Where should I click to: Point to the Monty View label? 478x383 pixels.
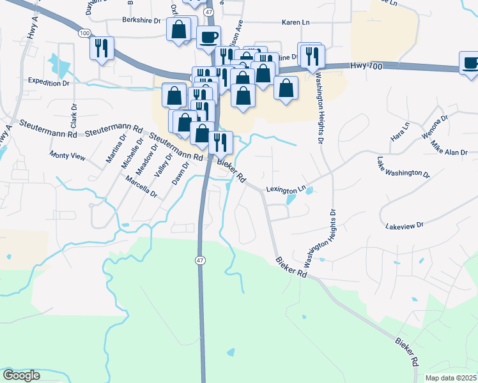[68, 156]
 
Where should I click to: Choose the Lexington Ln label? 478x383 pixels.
[286, 190]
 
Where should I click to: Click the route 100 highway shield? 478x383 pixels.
[85, 32]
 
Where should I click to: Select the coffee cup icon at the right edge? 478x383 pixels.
[470, 63]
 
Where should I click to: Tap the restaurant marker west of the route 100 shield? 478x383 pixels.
[102, 48]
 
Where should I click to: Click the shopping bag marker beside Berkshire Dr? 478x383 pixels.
[179, 29]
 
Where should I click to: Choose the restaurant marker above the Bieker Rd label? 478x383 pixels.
[220, 142]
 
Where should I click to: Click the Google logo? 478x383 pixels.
[21, 375]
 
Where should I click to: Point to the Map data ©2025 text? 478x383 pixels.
[450, 378]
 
